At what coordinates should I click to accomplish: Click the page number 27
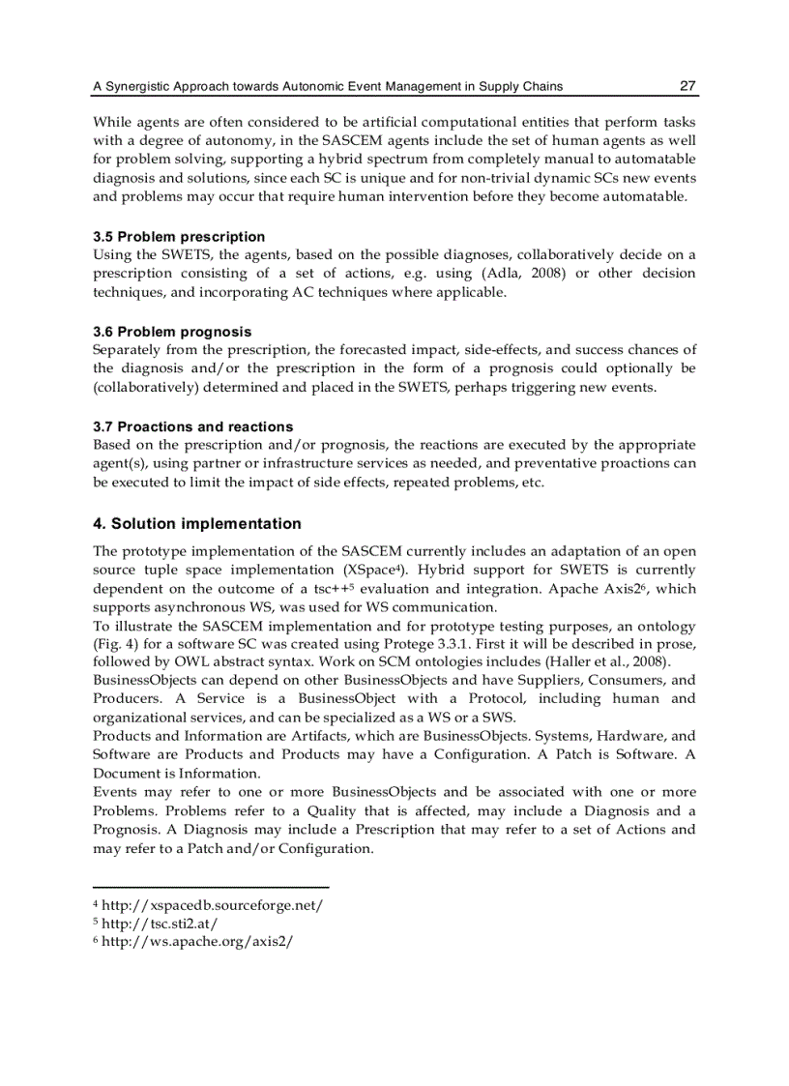click(x=687, y=86)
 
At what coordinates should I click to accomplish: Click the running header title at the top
click(x=328, y=87)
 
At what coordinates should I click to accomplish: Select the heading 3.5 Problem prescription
click(x=179, y=237)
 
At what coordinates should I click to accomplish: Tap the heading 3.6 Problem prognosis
click(x=172, y=332)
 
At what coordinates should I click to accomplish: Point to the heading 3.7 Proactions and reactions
click(x=192, y=426)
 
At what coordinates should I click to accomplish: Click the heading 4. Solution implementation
click(x=197, y=524)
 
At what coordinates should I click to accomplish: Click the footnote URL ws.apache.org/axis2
click(x=196, y=942)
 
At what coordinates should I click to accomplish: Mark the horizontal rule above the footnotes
click(x=211, y=887)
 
